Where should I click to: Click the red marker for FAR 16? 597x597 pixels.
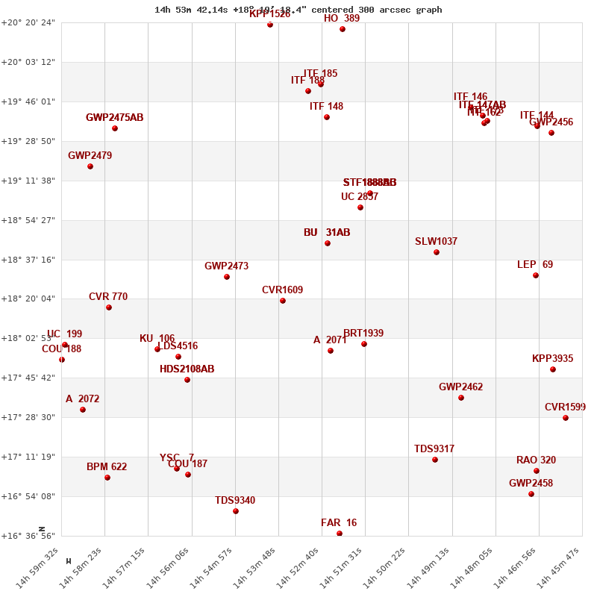coord(340,534)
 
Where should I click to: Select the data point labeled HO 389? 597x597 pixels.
coord(343,29)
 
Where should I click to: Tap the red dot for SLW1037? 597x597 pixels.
coord(437,252)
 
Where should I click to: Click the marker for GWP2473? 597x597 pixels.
coord(227,277)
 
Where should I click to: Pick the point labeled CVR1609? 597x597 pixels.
coord(283,301)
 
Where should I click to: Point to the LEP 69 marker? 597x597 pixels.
coord(536,275)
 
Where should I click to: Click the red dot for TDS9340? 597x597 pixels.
coord(236,511)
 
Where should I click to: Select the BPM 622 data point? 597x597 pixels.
coord(107,478)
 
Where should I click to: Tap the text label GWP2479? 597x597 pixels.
coord(90,156)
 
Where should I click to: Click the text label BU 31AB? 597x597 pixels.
coord(327,233)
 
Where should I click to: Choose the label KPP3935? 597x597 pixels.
coord(552,359)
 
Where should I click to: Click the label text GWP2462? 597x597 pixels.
coord(460,387)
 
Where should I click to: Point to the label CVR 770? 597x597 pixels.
coord(108,297)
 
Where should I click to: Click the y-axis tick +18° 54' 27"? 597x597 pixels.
coord(31,220)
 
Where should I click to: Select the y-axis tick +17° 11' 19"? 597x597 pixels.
coord(31,457)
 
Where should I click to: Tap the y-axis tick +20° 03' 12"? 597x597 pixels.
coord(31,62)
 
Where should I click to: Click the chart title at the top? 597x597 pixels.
coord(298,10)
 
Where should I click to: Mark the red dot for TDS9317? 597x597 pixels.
coord(435,460)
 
